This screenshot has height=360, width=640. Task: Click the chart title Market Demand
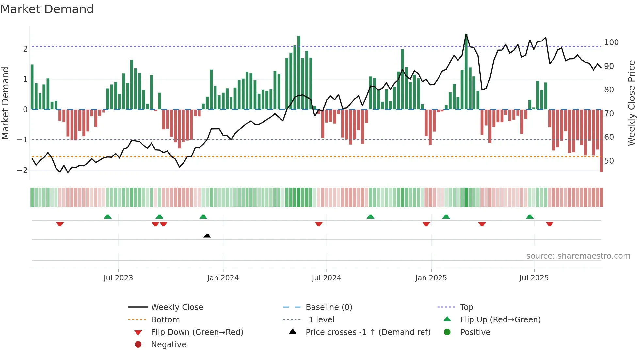[x=47, y=9]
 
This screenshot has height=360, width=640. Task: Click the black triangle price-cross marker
[x=207, y=236]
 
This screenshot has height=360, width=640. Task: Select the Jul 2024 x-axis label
[x=326, y=278]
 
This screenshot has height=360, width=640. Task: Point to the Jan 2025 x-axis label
[x=431, y=278]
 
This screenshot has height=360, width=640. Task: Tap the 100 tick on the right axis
[x=611, y=42]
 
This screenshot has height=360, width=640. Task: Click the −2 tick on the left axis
[x=22, y=170]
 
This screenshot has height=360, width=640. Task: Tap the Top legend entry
[x=466, y=307]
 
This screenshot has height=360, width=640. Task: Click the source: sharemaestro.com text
[x=578, y=256]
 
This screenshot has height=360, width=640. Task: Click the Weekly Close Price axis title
[x=632, y=103]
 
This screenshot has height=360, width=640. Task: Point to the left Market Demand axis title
[x=5, y=103]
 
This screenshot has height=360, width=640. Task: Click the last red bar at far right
[x=601, y=140]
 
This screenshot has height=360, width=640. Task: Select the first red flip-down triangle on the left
[x=60, y=224]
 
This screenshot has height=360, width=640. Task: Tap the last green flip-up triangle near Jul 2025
[x=530, y=217]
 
